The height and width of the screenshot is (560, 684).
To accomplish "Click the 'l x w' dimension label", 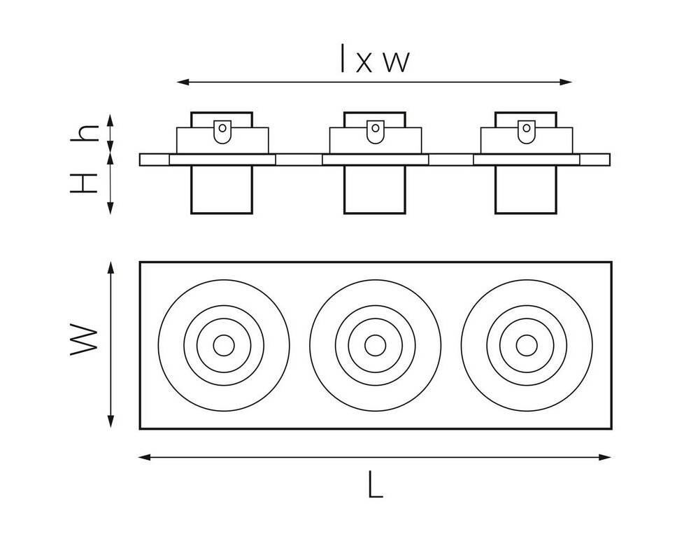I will coord(373,60).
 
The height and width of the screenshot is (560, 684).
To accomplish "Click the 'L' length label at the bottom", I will coord(376,484).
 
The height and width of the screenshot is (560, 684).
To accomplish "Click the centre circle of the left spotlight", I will coord(224,344).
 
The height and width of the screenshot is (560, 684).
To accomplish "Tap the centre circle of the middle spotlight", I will coord(375,344).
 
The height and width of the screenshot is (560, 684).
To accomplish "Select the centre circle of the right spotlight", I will coord(526,344).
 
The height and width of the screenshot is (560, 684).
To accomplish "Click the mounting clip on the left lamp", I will coord(222,131).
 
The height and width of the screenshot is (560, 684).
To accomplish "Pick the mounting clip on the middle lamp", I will coord(375,131).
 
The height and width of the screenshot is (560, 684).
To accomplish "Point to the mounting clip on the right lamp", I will coord(526,131).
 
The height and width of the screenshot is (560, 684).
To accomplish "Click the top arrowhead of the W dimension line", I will coord(111,267).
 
